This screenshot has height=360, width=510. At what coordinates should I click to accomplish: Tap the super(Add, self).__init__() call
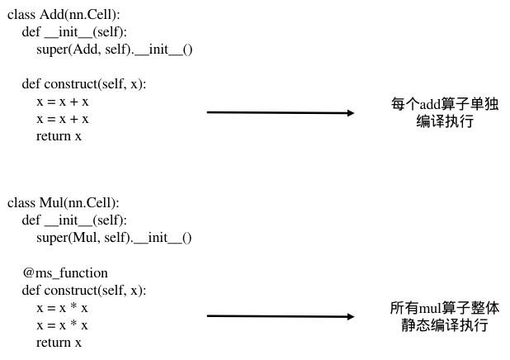[114, 50]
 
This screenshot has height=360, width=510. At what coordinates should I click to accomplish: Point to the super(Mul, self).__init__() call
[114, 238]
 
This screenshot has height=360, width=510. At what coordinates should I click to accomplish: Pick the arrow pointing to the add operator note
[281, 112]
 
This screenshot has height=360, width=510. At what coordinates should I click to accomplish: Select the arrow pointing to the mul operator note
[281, 316]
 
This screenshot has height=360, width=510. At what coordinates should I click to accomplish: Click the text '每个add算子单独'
[446, 105]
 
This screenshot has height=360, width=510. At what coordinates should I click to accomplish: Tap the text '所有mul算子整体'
[445, 308]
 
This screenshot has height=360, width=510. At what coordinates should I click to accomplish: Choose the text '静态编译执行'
[445, 325]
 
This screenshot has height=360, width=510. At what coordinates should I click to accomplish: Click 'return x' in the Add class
[59, 136]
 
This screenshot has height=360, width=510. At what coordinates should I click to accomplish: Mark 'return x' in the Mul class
[59, 342]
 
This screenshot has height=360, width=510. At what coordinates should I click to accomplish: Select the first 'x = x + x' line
[63, 102]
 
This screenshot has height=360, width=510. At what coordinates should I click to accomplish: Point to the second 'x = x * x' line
[62, 324]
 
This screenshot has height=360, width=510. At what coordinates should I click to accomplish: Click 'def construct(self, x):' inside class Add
[84, 84]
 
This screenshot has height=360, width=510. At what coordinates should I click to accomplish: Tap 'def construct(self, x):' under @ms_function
[84, 290]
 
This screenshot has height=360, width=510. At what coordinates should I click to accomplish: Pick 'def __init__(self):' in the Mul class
[74, 220]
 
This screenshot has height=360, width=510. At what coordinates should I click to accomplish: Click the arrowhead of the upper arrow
[350, 112]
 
